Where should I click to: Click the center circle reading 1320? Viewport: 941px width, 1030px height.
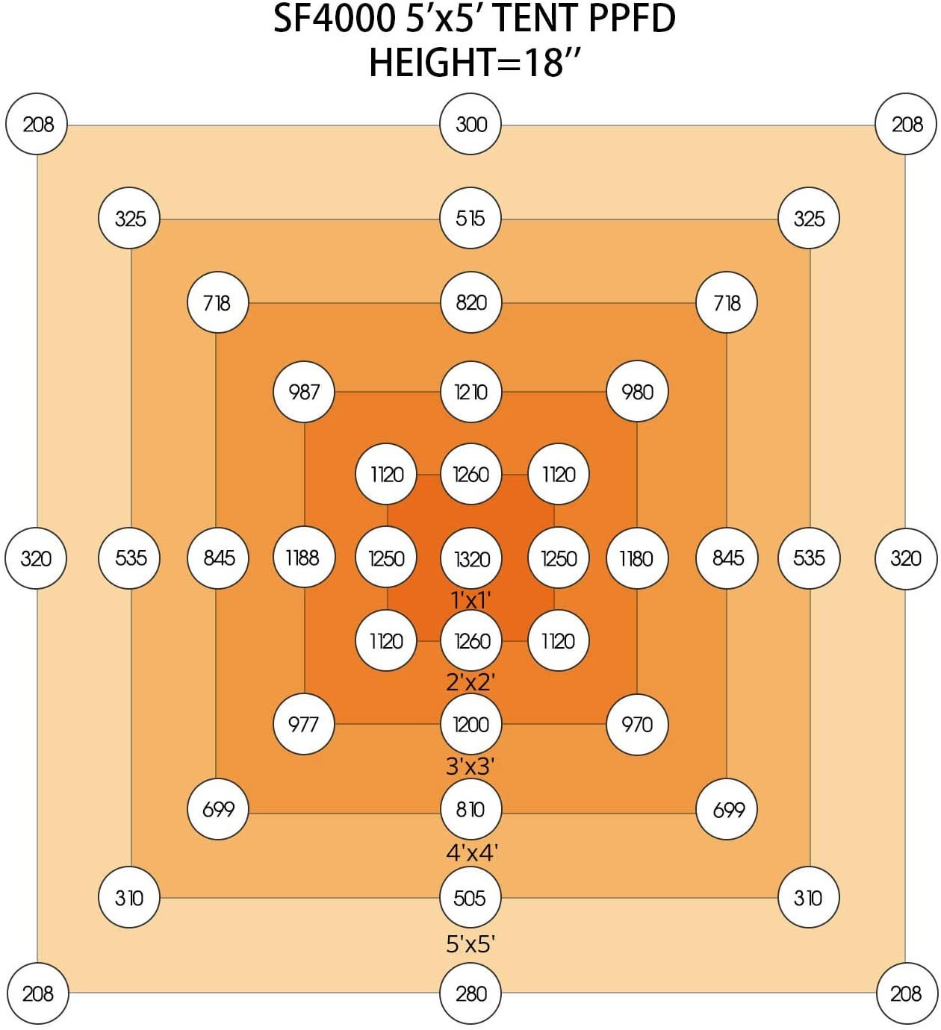click(471, 558)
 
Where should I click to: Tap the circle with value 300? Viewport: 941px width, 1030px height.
click(470, 124)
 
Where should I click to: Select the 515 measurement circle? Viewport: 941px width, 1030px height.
click(470, 218)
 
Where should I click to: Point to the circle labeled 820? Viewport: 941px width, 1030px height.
click(470, 302)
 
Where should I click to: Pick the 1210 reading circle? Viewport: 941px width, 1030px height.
click(470, 391)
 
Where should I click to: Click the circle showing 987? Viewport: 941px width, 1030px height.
click(304, 391)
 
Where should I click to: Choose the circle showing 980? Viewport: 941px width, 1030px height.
click(637, 391)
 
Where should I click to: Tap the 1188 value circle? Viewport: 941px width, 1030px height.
click(304, 558)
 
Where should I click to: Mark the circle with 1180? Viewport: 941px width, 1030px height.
click(636, 558)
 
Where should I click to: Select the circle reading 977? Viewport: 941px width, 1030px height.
click(303, 723)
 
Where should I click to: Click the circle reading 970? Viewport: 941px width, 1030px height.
click(637, 723)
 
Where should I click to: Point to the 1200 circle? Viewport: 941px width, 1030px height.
click(470, 723)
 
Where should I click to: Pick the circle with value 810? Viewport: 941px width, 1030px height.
click(470, 808)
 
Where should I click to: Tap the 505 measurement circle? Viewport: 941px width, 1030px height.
click(470, 897)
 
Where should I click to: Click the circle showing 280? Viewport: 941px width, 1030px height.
click(470, 993)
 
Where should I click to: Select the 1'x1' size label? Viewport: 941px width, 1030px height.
click(470, 599)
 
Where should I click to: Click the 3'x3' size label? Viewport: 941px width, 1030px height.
click(470, 766)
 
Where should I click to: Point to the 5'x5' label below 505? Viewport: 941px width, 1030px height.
click(470, 944)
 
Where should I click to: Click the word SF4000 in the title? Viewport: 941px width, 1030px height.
click(334, 19)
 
